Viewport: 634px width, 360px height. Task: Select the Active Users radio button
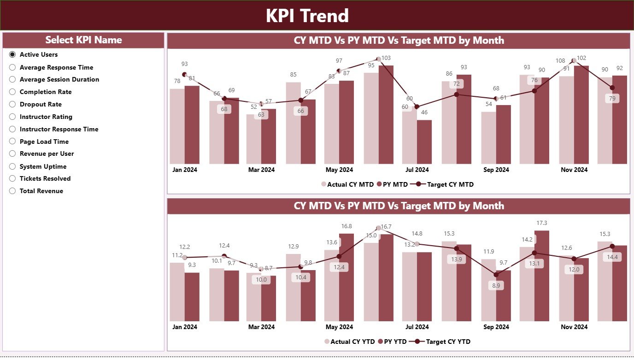click(x=12, y=54)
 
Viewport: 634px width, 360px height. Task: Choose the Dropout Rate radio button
click(x=12, y=104)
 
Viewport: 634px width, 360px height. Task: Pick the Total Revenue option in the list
click(x=41, y=191)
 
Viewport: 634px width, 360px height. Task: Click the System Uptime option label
click(x=43, y=166)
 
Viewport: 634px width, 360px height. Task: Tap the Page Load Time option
click(x=44, y=142)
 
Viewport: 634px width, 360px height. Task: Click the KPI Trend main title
click(x=307, y=16)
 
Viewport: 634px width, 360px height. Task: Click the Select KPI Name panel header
click(x=83, y=40)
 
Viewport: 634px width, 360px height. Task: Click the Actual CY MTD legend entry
click(x=347, y=184)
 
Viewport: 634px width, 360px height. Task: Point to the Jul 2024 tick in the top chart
click(x=417, y=170)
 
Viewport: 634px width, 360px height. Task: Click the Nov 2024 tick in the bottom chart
click(x=574, y=327)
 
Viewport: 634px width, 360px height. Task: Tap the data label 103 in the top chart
click(x=386, y=58)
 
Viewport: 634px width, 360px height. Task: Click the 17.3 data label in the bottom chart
click(x=542, y=223)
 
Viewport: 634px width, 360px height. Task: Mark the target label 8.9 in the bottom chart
click(x=496, y=286)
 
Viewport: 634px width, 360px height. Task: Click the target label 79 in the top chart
click(x=612, y=99)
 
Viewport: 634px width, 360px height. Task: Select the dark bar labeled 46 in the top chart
click(x=424, y=142)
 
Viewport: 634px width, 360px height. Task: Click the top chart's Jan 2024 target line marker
click(x=185, y=74)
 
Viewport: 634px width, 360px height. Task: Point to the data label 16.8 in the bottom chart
click(x=346, y=226)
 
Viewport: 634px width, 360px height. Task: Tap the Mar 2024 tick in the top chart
click(x=261, y=170)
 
